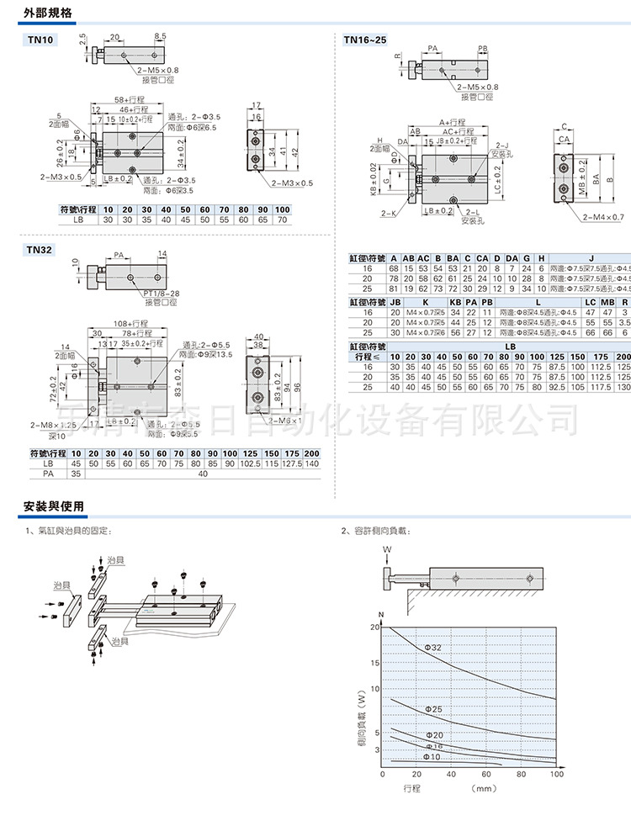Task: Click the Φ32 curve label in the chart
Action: [433, 648]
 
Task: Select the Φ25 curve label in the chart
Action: [433, 710]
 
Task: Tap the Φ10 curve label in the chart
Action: [431, 756]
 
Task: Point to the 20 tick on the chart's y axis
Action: [374, 627]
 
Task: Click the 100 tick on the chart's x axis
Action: [555, 775]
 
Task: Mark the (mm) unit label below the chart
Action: [485, 789]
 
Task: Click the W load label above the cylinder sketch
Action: [388, 550]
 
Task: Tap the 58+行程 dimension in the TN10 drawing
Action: [131, 99]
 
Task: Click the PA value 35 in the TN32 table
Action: [76, 474]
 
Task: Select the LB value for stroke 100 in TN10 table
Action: [282, 219]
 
